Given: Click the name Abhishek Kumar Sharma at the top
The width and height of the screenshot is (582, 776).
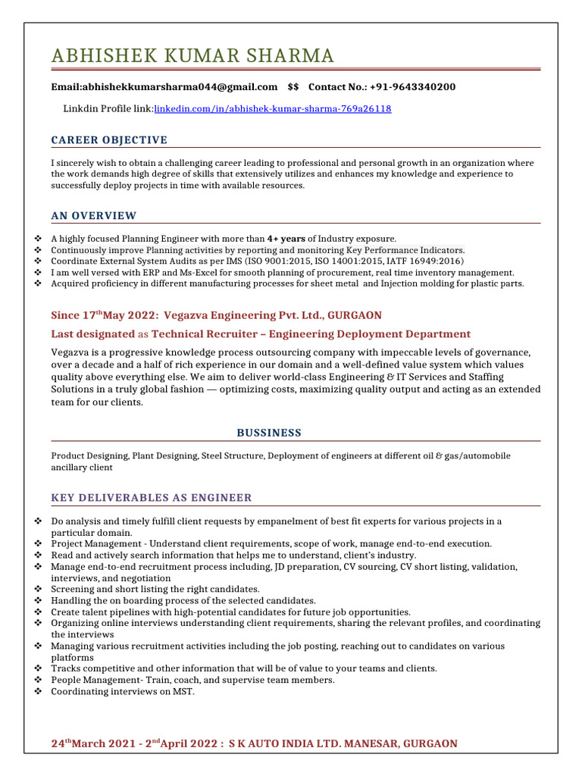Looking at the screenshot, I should coord(192,56).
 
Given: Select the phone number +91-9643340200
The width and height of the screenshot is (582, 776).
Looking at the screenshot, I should coord(412,87).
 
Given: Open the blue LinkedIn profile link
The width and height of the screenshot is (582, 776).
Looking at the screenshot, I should coord(273,109).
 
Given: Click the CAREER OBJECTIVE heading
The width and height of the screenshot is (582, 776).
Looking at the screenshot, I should coord(109,140).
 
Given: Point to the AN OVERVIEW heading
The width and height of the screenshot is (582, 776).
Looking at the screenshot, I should coord(94,216).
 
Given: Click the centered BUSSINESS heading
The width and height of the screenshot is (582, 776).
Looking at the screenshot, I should coord(269,433).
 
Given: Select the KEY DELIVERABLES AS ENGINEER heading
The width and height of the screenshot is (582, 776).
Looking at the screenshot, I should coord(152,498).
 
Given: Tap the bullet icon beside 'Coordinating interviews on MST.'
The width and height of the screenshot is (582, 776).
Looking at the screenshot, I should coord(39,692).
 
